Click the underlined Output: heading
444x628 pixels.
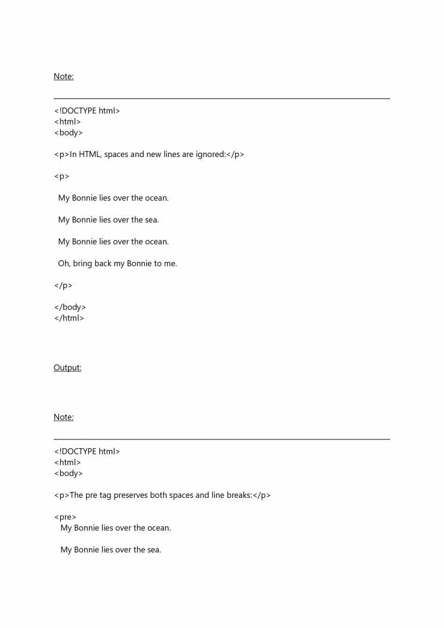(67, 368)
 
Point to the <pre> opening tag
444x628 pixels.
(65, 517)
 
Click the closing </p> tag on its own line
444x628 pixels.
(63, 285)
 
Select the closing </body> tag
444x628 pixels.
(70, 307)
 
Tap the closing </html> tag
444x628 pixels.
(69, 318)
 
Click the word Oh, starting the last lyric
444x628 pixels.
(64, 263)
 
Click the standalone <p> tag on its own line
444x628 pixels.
(61, 177)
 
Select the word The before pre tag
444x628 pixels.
(77, 495)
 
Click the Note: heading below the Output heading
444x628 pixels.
(63, 417)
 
